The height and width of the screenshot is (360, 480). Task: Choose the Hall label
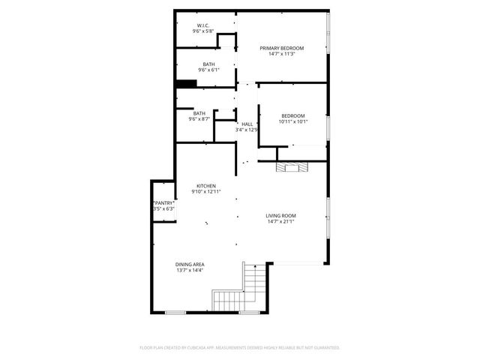[x=247, y=124]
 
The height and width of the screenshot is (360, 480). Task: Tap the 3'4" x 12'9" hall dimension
[x=247, y=130]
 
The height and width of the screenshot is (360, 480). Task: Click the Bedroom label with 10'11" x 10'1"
[x=293, y=115]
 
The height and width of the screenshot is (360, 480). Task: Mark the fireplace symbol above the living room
[x=290, y=167]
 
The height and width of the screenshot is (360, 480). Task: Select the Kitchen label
[x=206, y=186]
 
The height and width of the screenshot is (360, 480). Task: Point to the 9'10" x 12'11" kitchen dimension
[x=206, y=192]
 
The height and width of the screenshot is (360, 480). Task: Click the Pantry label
[x=163, y=202]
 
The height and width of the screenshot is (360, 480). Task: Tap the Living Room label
[x=280, y=216]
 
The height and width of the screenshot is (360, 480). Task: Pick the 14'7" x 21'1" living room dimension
[x=280, y=222]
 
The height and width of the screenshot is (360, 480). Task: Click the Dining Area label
[x=190, y=264]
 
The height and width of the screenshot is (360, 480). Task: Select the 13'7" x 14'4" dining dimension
[x=190, y=270]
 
